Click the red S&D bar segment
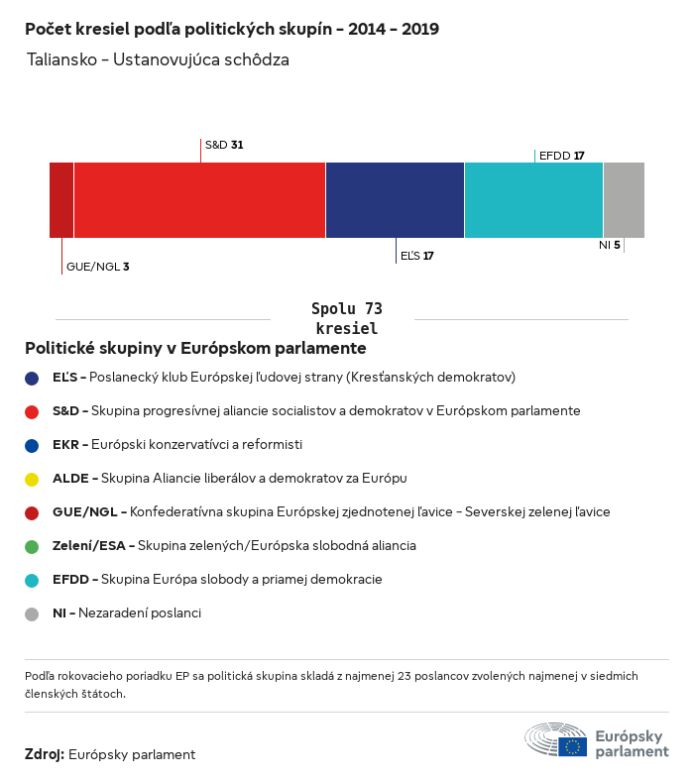tap(199, 200)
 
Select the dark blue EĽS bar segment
tap(395, 200)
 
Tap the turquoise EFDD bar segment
tap(533, 200)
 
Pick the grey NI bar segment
tap(624, 200)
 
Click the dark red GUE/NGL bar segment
tap(61, 200)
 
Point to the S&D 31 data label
tap(224, 145)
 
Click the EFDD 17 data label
tap(561, 156)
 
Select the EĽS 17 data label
tap(416, 256)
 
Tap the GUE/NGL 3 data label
tap(97, 267)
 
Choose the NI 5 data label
tap(609, 245)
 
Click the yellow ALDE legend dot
tap(32, 479)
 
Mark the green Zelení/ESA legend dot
tap(32, 546)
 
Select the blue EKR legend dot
tap(32, 445)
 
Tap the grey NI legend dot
tap(32, 613)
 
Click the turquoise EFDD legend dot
tap(32, 580)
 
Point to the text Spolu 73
tap(346, 309)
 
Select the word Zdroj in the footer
tap(45, 754)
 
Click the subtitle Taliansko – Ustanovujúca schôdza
tap(159, 60)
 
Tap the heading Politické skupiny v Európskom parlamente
tap(195, 349)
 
